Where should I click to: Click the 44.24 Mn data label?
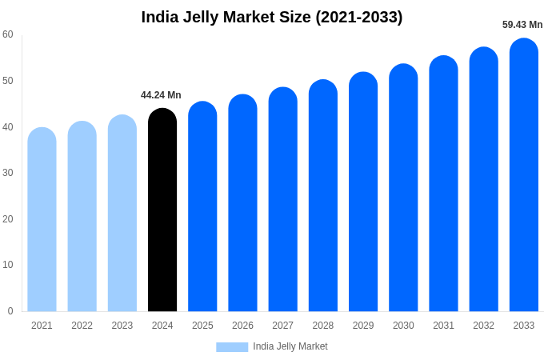click(161, 95)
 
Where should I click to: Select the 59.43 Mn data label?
click(522, 25)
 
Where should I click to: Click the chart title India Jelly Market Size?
click(272, 17)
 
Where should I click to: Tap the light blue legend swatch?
click(232, 346)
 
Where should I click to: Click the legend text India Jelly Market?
click(290, 346)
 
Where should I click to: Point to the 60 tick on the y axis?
click(8, 34)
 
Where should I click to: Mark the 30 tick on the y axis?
click(8, 173)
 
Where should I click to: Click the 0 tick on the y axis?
click(10, 311)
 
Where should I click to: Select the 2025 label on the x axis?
click(202, 326)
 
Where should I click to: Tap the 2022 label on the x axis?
click(82, 326)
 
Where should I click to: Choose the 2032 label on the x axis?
click(483, 326)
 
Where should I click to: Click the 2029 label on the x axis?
click(363, 326)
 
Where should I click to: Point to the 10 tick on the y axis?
click(8, 265)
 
